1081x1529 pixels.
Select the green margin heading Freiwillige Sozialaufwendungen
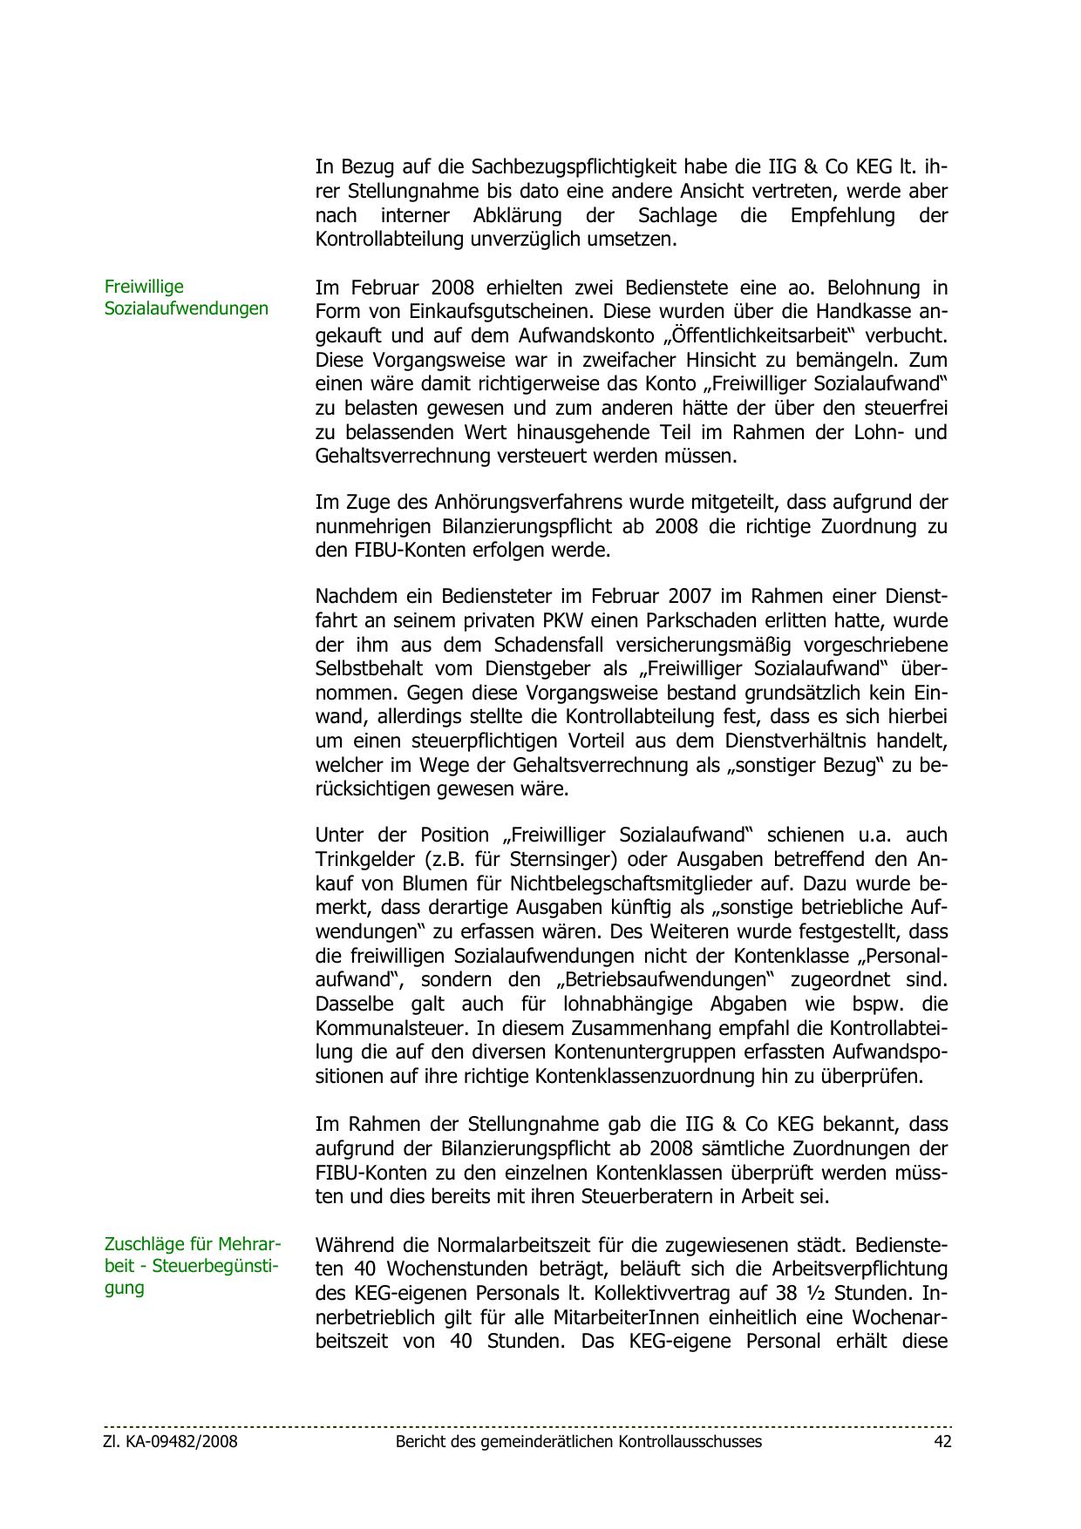pyautogui.click(x=186, y=297)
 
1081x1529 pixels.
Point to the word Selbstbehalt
pyautogui.click(x=371, y=669)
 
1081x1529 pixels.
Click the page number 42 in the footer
pyautogui.click(x=942, y=1442)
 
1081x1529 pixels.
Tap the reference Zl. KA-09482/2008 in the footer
pyautogui.click(x=171, y=1442)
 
